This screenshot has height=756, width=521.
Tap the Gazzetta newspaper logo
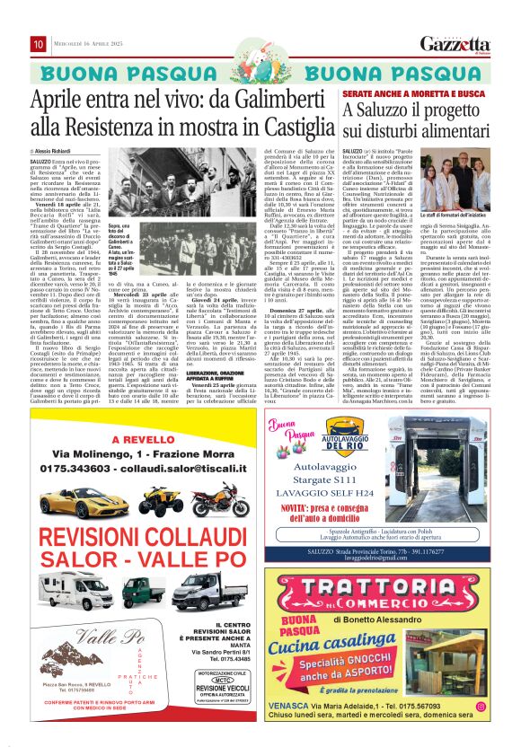pyautogui.click(x=464, y=43)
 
